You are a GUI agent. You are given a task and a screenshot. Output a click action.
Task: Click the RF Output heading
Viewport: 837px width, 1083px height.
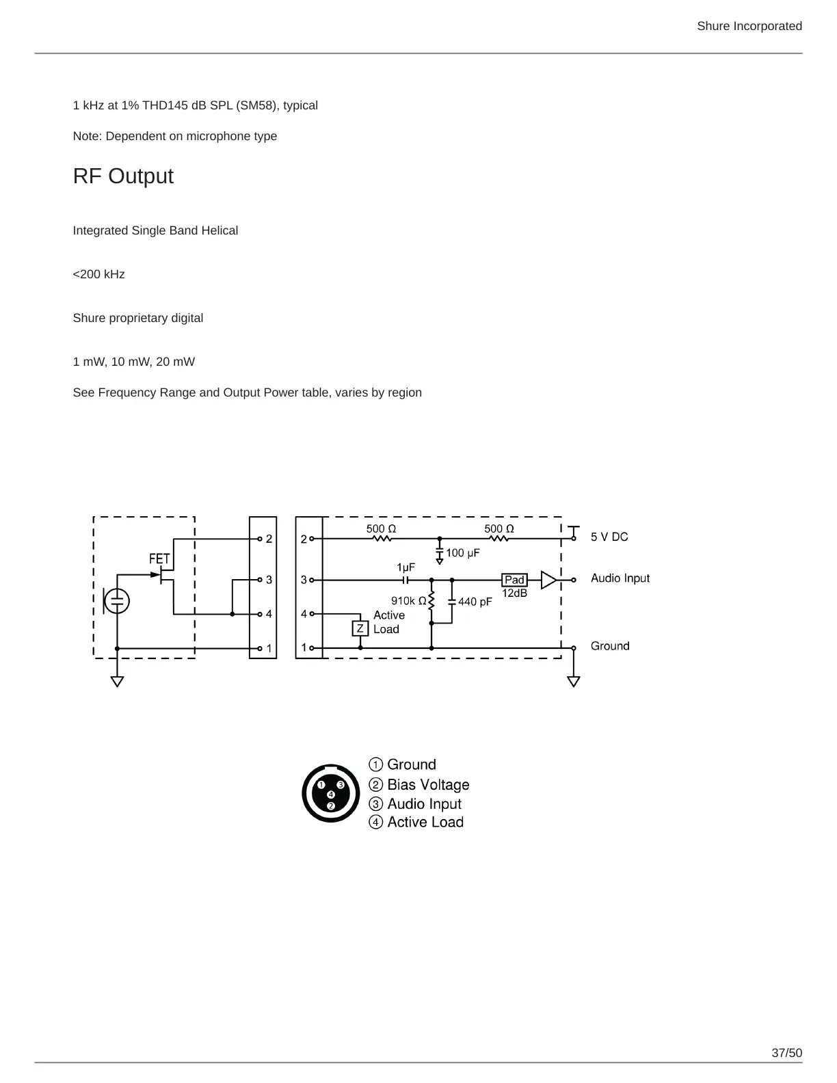point(123,176)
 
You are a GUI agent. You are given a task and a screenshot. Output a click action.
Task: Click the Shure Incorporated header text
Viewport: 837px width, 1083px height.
point(749,26)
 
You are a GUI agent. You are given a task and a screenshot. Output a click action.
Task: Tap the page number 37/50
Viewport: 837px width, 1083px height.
point(786,1053)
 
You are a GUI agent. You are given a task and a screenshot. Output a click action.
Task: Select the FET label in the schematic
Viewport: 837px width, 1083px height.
point(159,559)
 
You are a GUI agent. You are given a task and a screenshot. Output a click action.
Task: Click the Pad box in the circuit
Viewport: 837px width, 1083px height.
point(514,580)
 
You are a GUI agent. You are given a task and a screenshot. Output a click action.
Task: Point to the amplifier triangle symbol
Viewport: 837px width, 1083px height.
point(548,580)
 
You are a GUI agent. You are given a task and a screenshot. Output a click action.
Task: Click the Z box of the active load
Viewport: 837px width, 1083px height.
point(360,628)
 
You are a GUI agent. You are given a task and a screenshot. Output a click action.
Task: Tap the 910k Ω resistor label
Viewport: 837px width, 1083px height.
point(408,601)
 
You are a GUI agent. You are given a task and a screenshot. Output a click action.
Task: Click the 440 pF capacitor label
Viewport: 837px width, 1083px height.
point(475,602)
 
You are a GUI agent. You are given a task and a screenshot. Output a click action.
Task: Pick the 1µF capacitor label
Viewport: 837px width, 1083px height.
point(406,567)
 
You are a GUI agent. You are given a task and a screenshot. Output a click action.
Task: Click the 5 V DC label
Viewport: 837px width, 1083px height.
point(609,537)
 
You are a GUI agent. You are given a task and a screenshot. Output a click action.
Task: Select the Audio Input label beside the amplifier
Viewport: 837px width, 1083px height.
point(620,578)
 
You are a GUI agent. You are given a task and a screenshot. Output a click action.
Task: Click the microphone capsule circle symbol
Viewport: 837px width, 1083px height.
point(118,601)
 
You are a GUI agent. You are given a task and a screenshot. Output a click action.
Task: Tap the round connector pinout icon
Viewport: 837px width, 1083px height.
point(331,794)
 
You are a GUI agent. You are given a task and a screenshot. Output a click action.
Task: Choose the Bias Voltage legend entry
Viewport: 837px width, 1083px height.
point(427,785)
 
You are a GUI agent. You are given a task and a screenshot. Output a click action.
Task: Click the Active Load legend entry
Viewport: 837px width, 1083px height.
point(425,822)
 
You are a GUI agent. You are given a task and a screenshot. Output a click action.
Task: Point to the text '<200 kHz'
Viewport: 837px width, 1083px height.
point(99,274)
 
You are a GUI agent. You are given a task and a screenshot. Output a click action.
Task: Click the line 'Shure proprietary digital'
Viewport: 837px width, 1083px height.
point(138,318)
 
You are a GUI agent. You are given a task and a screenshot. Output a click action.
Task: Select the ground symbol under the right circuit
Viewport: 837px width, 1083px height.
point(574,681)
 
